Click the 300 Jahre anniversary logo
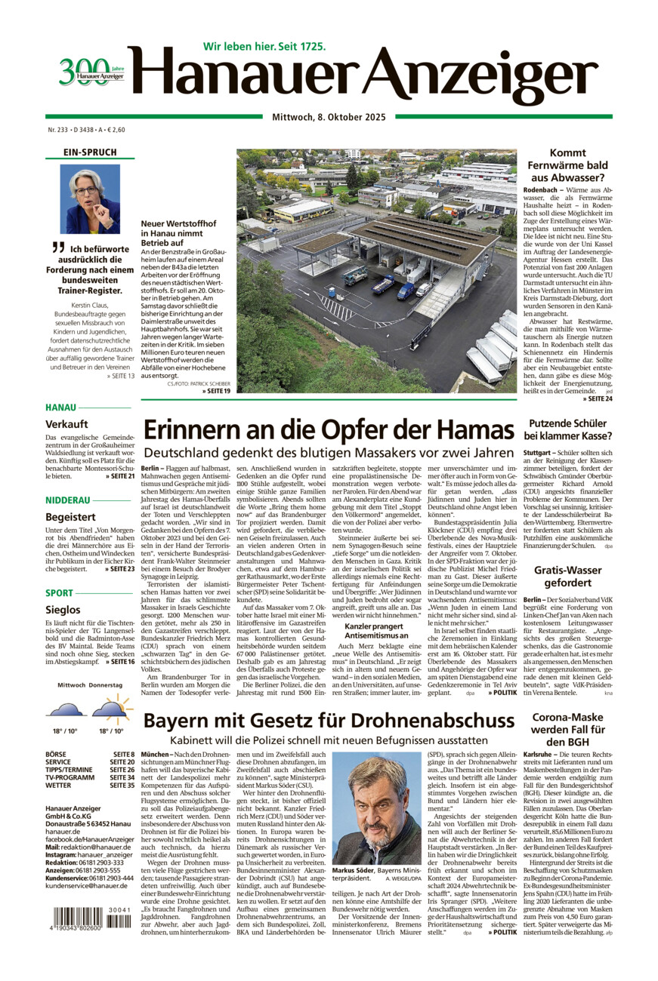(x=91, y=72)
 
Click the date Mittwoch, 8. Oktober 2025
(x=329, y=117)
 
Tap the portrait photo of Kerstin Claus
(x=90, y=199)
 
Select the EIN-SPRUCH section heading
(x=90, y=152)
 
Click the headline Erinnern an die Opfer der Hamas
(x=328, y=430)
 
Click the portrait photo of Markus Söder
(x=376, y=807)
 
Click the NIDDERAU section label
(x=67, y=500)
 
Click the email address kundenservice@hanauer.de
(x=88, y=886)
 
